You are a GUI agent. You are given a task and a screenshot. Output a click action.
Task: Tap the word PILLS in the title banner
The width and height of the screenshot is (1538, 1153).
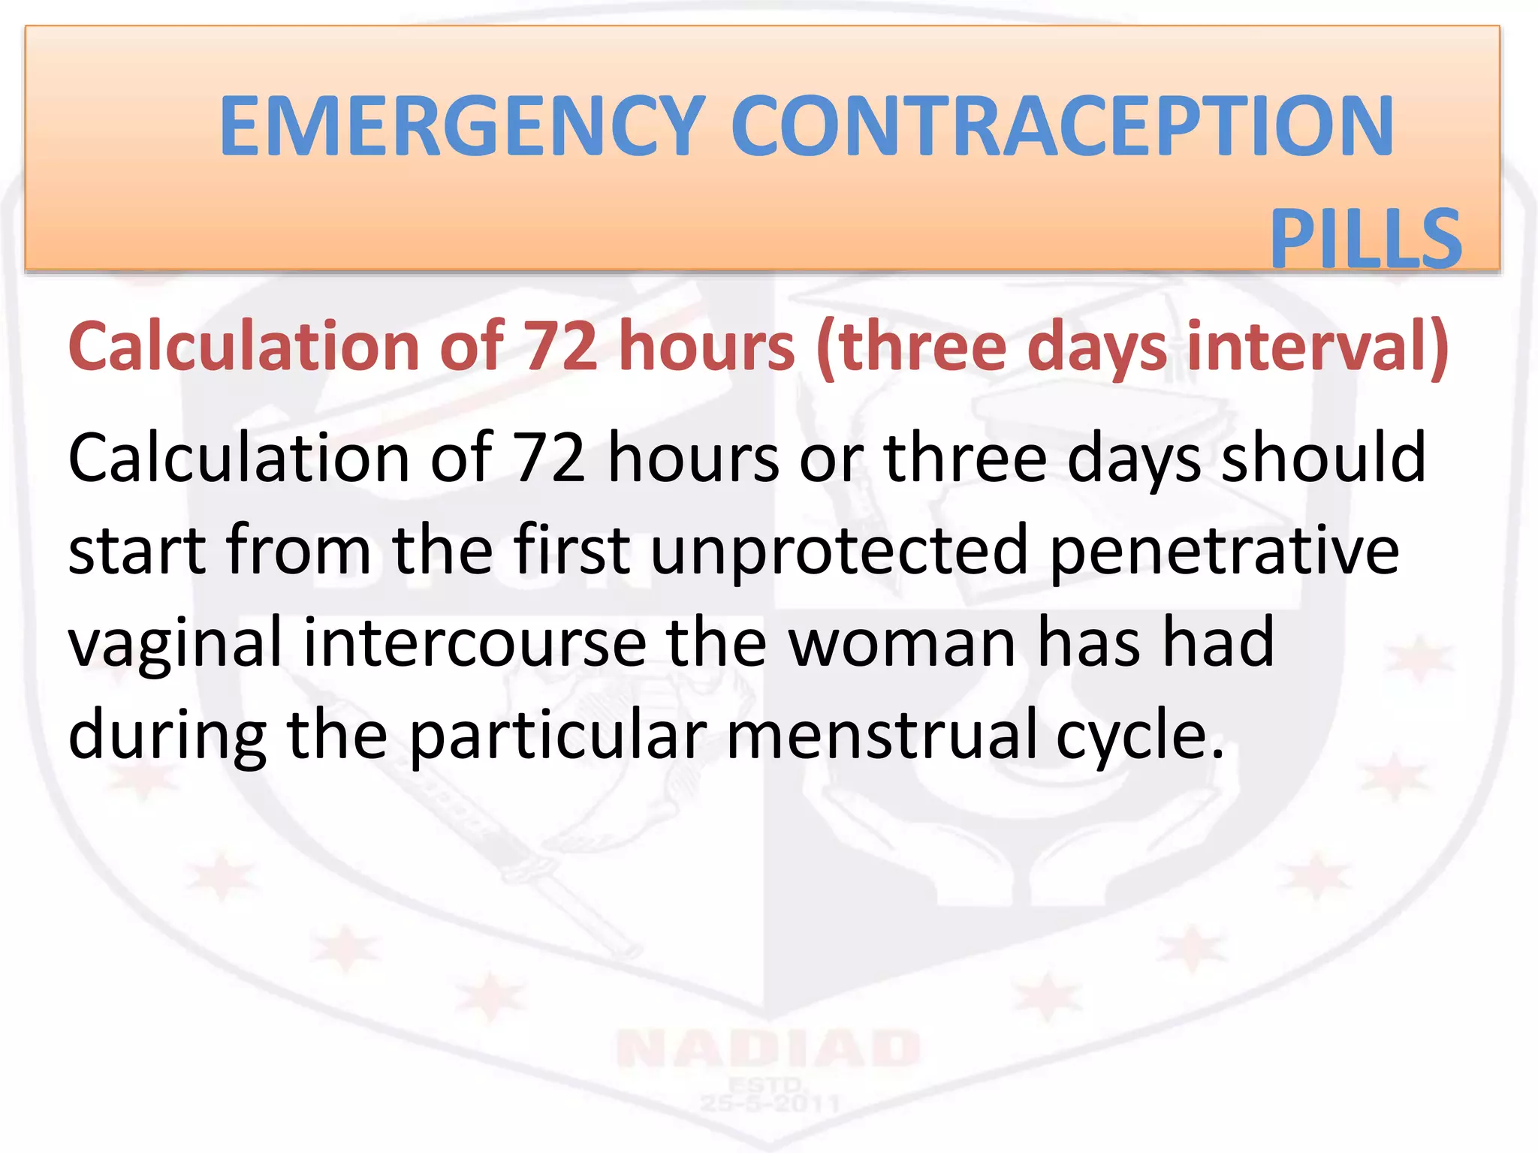point(1365,239)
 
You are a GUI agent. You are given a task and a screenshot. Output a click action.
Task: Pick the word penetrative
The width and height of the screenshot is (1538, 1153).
point(1224,552)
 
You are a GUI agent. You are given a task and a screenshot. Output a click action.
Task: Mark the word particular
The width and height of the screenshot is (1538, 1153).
point(557,736)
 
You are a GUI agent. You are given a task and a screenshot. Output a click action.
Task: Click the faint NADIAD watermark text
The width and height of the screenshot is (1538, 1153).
point(767,1049)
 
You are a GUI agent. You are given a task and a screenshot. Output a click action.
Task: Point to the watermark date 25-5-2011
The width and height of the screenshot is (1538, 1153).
point(769,1103)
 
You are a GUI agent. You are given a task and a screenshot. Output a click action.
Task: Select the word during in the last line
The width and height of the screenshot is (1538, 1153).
point(167,736)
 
